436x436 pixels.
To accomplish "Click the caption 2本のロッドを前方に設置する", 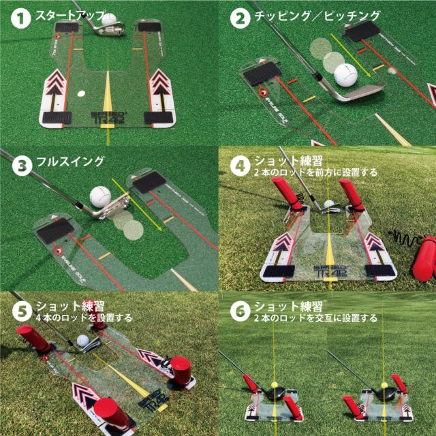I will [315, 173].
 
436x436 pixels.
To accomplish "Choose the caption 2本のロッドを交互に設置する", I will [315, 318].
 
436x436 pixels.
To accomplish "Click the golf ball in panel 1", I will [109, 19].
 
